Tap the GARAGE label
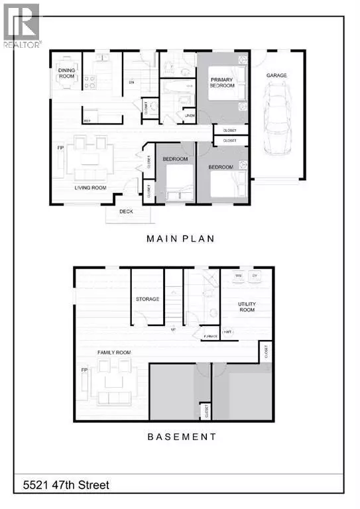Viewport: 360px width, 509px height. click(277, 76)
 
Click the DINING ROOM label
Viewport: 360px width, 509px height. click(68, 72)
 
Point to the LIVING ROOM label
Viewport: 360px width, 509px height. click(90, 188)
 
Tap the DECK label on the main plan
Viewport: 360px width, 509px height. click(127, 212)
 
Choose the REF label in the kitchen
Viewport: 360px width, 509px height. click(88, 120)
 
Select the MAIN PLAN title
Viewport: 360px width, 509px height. click(180, 239)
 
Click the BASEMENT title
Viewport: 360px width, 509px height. click(180, 436)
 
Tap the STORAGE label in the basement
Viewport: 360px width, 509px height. click(147, 299)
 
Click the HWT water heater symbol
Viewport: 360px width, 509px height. click(227, 331)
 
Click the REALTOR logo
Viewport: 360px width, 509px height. click(23, 25)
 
